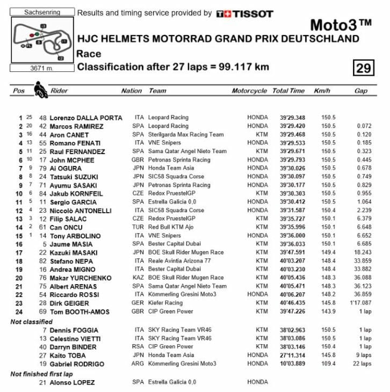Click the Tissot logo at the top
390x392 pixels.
click(x=244, y=13)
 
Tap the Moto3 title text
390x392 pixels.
click(x=341, y=25)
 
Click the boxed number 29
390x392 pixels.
click(x=364, y=68)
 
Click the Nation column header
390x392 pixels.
click(x=132, y=91)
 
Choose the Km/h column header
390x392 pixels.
click(x=322, y=91)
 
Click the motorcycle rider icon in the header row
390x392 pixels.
click(x=39, y=89)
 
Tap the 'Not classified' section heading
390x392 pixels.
click(x=32, y=321)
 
